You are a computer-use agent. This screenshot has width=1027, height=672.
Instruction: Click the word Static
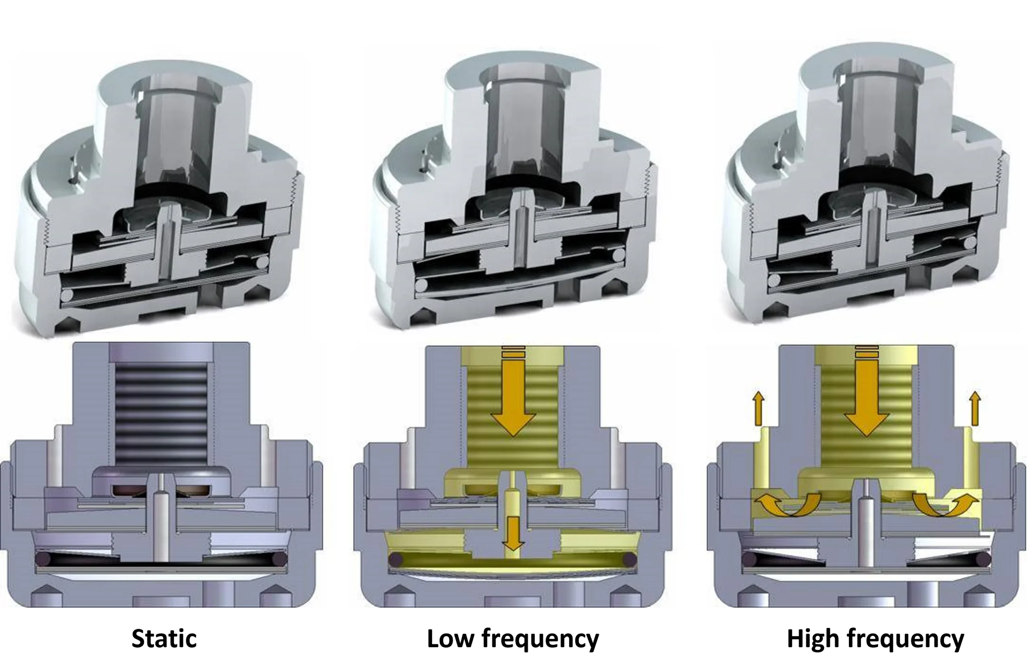click(x=164, y=639)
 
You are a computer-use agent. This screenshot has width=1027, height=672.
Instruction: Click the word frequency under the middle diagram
click(x=540, y=640)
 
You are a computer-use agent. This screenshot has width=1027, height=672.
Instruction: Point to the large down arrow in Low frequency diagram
click(x=513, y=393)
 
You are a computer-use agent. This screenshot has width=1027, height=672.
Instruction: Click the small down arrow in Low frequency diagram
click(x=513, y=534)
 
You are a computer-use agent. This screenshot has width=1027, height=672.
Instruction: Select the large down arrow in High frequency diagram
click(x=867, y=393)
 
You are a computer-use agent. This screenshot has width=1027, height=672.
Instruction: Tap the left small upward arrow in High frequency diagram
click(x=758, y=408)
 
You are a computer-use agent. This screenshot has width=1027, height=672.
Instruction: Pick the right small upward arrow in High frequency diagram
click(x=975, y=408)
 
